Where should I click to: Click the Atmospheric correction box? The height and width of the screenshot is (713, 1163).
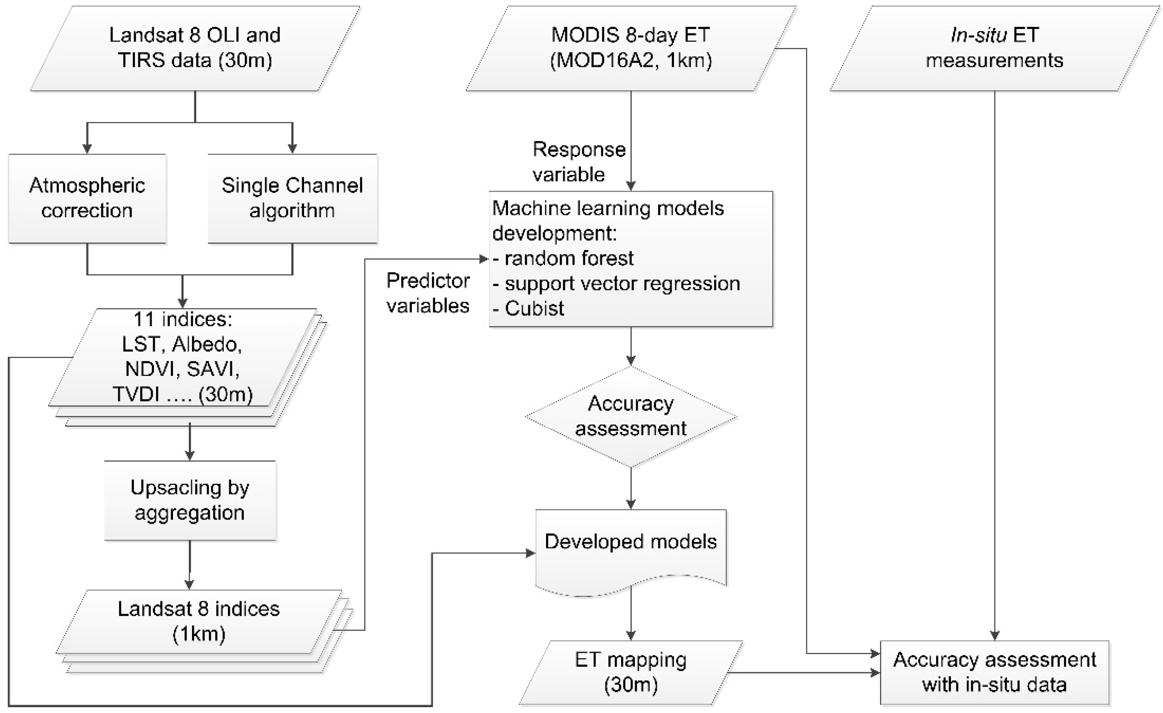point(87,198)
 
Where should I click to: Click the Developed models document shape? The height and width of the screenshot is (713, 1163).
point(631,548)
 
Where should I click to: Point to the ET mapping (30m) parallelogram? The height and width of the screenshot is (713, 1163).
point(631,672)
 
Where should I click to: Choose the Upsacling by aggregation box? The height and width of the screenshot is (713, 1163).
point(190,500)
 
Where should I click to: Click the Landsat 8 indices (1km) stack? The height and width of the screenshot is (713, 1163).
point(199,622)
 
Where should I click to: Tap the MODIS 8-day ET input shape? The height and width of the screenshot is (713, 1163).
point(631,48)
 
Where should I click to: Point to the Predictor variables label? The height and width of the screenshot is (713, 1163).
point(428,293)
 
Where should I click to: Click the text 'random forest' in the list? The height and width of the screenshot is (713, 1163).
point(569,259)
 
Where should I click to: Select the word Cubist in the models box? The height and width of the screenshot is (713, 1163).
point(534,309)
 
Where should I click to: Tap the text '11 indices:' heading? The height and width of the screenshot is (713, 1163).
point(183,320)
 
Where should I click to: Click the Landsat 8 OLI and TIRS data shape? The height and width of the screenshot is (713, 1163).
point(195,48)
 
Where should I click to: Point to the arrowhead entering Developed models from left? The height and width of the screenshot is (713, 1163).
point(531,554)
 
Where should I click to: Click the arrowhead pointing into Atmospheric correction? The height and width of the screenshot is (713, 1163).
point(87,149)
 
